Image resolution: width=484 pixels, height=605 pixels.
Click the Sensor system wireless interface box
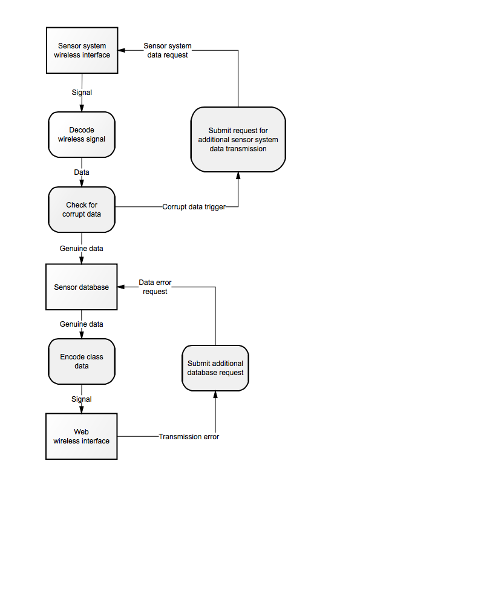pyautogui.click(x=82, y=50)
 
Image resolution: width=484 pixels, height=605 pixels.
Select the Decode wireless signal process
pyautogui.click(x=82, y=135)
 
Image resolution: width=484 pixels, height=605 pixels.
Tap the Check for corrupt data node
pyautogui.click(x=82, y=209)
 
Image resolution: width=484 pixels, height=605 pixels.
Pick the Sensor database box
pyautogui.click(x=82, y=287)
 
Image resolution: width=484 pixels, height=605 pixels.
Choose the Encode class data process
pyautogui.click(x=82, y=362)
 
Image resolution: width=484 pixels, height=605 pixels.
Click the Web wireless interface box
pyautogui.click(x=82, y=436)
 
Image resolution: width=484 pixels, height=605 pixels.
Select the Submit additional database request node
pyautogui.click(x=215, y=368)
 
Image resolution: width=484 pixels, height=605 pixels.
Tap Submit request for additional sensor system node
pyautogui.click(x=238, y=139)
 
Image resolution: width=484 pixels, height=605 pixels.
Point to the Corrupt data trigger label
pyautogui.click(x=194, y=207)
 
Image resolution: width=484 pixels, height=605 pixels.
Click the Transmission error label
pyautogui.click(x=189, y=437)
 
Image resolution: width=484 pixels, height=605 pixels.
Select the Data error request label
pyautogui.click(x=155, y=287)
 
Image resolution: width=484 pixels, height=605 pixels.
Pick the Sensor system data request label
pyautogui.click(x=168, y=51)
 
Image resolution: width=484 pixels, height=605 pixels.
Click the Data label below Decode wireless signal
pyautogui.click(x=82, y=172)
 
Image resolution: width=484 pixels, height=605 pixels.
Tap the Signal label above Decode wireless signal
pyautogui.click(x=82, y=93)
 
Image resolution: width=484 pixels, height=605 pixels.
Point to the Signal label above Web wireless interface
pyautogui.click(x=82, y=399)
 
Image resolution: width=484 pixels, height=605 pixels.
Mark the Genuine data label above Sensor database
pyautogui.click(x=82, y=249)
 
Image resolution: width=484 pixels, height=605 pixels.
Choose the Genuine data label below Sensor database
pyautogui.click(x=82, y=324)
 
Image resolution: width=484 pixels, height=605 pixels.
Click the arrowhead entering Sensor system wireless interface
pyautogui.click(x=122, y=50)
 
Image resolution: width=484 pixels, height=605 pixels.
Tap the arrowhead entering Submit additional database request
pyautogui.click(x=215, y=394)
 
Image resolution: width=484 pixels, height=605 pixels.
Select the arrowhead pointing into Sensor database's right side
pyautogui.click(x=121, y=287)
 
